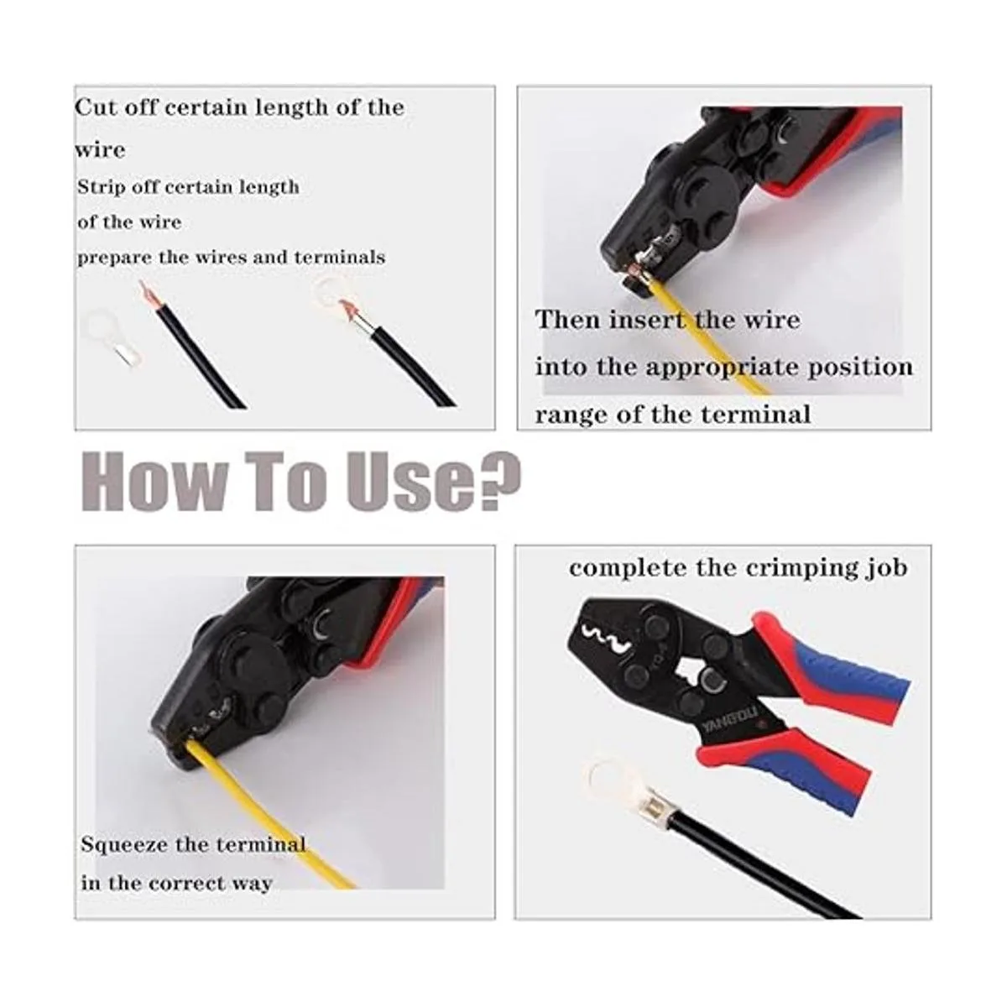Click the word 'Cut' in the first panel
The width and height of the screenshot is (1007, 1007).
coord(95,107)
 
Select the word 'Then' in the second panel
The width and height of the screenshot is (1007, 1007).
coord(567,320)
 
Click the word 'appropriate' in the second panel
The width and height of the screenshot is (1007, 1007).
coord(723,368)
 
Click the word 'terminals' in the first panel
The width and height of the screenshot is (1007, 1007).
coord(340,258)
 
